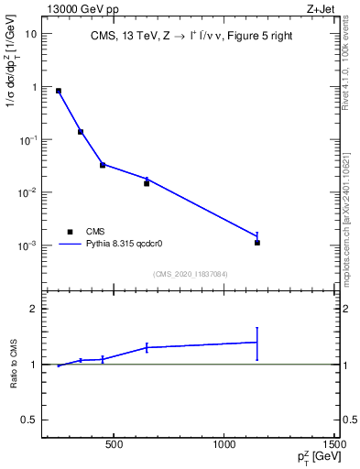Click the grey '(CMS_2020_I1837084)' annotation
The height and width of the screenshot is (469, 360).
coord(190,272)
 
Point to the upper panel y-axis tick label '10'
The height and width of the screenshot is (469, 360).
coord(31,34)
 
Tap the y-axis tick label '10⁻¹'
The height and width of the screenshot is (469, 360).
coord(29,140)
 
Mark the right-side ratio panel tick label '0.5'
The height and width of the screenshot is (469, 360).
coord(350,420)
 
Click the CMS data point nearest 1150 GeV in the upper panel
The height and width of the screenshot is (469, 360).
coord(257,243)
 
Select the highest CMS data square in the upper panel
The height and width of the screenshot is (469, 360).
coord(59,91)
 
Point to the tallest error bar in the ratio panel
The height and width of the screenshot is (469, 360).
coord(257,344)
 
